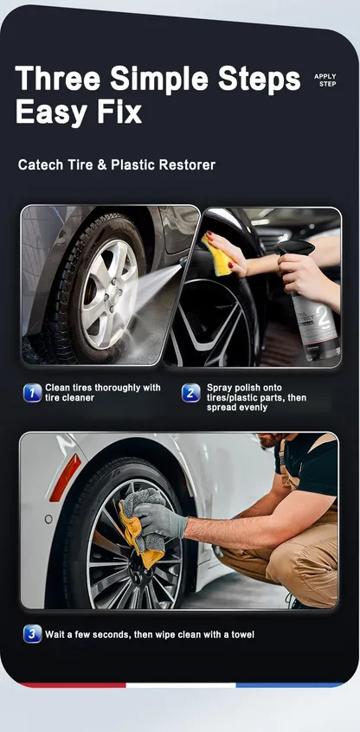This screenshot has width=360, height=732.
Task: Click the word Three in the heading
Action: coord(58,78)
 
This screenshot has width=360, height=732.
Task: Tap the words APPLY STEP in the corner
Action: coord(325,80)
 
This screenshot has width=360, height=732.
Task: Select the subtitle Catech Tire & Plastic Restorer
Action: coord(117,164)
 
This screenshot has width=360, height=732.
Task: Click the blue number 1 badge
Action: coord(32,393)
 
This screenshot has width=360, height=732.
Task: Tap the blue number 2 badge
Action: coord(190,393)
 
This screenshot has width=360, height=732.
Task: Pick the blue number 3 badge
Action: coord(32,634)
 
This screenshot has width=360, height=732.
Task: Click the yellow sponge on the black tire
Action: coord(217,254)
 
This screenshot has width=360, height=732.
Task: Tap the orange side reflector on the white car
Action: coord(65,478)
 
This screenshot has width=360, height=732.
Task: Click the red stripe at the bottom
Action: coord(73,685)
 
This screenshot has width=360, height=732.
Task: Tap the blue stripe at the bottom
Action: coord(290,685)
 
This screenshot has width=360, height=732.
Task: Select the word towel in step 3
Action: coord(242,634)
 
